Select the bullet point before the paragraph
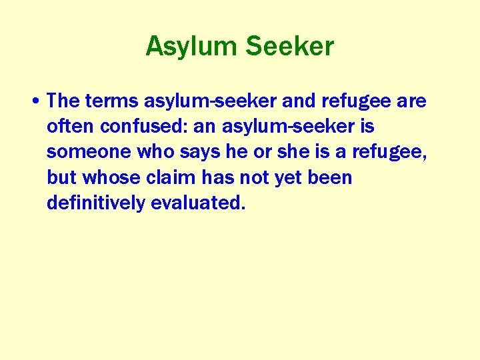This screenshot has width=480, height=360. pos(34,101)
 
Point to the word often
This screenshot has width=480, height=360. pos(67,127)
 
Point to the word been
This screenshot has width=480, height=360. pos(333,178)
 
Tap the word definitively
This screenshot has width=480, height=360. pos(96,203)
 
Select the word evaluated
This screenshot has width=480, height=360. pos(198,203)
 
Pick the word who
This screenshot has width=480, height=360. pos(154,152)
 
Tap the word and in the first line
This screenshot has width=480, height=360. pos(300,101)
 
